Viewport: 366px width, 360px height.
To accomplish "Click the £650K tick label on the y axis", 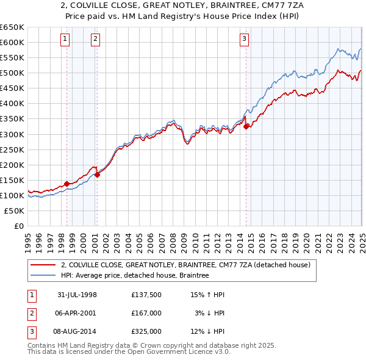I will click(x=12, y=27).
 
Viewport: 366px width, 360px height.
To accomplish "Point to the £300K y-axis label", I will click(x=12, y=134).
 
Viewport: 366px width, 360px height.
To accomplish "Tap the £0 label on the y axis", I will click(x=19, y=226).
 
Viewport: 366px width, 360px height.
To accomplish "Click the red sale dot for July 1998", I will click(x=67, y=184).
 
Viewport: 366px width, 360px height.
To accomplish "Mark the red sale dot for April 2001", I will click(x=97, y=175).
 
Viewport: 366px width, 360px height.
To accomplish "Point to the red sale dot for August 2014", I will click(x=246, y=126).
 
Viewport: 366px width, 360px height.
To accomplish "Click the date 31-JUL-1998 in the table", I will click(x=77, y=295).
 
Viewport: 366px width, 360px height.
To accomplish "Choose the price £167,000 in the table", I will click(x=146, y=313).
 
